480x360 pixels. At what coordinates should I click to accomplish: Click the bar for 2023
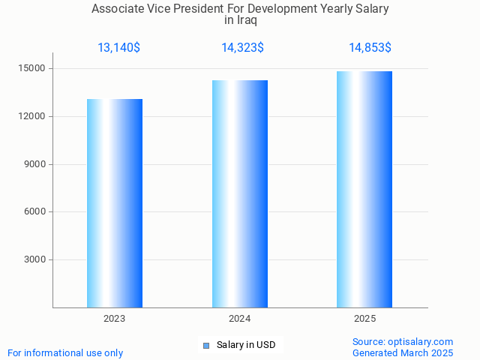115,203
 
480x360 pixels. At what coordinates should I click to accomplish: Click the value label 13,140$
118,48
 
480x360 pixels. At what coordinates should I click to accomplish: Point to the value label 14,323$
242,48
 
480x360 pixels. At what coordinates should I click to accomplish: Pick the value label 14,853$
370,48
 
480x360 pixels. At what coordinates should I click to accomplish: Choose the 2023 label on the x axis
115,319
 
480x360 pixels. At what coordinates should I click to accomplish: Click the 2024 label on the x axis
240,319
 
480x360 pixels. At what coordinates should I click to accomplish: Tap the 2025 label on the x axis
364,319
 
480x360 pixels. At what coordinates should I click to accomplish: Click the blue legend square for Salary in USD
206,345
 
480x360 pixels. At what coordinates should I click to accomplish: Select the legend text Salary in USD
246,345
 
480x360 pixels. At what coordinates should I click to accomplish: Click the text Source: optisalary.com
403,342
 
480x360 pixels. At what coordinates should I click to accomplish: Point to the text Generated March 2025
403,353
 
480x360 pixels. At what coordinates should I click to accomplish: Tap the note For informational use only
65,353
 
